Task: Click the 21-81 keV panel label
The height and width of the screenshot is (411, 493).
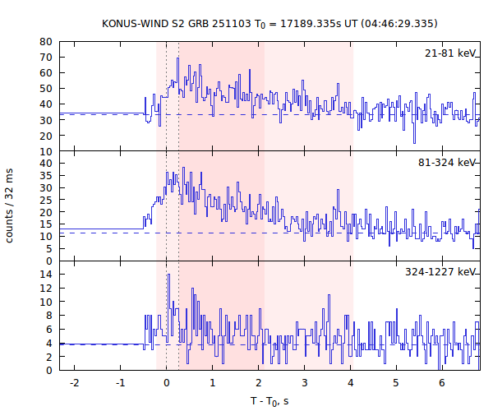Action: (x=450, y=53)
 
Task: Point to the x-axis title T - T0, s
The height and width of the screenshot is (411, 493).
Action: (x=270, y=400)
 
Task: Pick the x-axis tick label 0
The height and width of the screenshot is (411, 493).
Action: (x=166, y=383)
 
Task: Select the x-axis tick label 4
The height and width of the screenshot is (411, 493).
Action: (x=349, y=383)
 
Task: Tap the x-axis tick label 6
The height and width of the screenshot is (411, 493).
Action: (x=441, y=383)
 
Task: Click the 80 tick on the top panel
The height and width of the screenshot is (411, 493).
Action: (x=47, y=41)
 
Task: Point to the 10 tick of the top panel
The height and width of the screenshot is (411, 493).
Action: (x=47, y=151)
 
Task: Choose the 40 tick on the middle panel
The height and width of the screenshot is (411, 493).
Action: (x=47, y=164)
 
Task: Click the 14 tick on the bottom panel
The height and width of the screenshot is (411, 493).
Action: (x=47, y=275)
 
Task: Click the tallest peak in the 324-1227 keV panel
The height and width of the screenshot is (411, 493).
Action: (x=168, y=275)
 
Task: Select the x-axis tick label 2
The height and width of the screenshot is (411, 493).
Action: (x=258, y=383)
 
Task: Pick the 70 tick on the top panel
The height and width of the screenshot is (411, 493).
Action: (x=47, y=57)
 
